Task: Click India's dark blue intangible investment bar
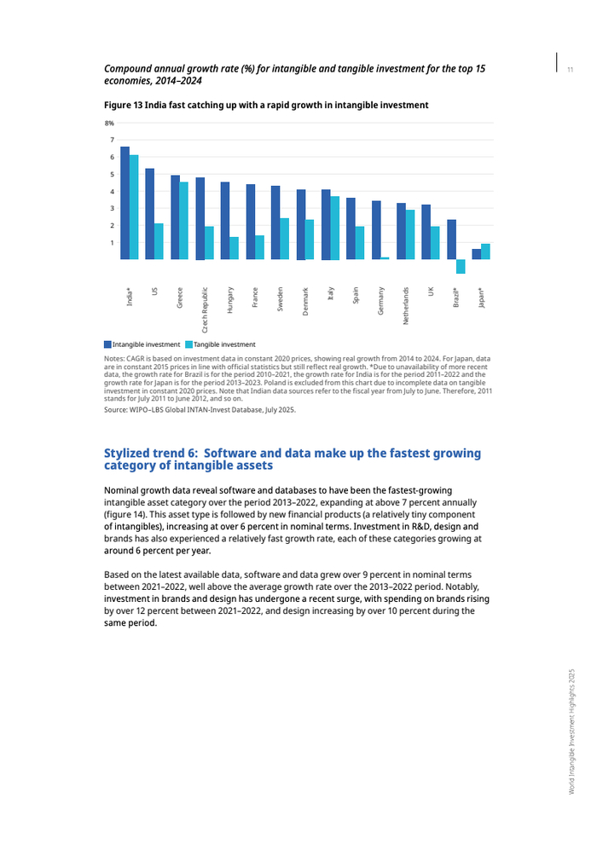coord(125,203)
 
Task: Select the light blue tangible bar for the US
coord(159,241)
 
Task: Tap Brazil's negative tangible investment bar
coord(461,266)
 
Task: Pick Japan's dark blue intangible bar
coord(476,254)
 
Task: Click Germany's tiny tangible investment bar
coord(385,257)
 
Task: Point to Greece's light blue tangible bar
coord(184,220)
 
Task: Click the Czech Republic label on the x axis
coord(205,309)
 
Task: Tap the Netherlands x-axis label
coord(406,305)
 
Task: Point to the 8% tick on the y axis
coord(109,124)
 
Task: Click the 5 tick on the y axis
coord(112,174)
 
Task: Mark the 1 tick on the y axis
coord(112,243)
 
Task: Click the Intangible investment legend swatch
coord(108,344)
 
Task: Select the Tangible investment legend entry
coord(224,344)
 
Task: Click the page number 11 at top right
coord(570,68)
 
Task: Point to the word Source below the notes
coord(116,410)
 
